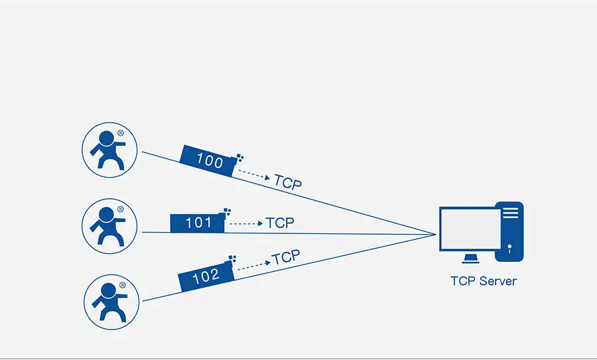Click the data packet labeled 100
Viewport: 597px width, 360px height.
(x=208, y=161)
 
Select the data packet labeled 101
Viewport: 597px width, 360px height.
(x=198, y=223)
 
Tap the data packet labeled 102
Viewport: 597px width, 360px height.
(x=206, y=276)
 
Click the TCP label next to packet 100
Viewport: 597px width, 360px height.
(x=287, y=182)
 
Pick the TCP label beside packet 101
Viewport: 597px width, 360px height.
(x=279, y=223)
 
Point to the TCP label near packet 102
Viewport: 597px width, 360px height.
(x=286, y=257)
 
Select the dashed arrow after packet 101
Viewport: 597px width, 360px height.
(x=245, y=223)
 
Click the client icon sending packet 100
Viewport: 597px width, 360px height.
(x=109, y=150)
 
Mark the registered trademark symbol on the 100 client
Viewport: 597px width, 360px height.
(x=121, y=133)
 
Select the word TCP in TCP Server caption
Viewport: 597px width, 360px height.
(x=462, y=281)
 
